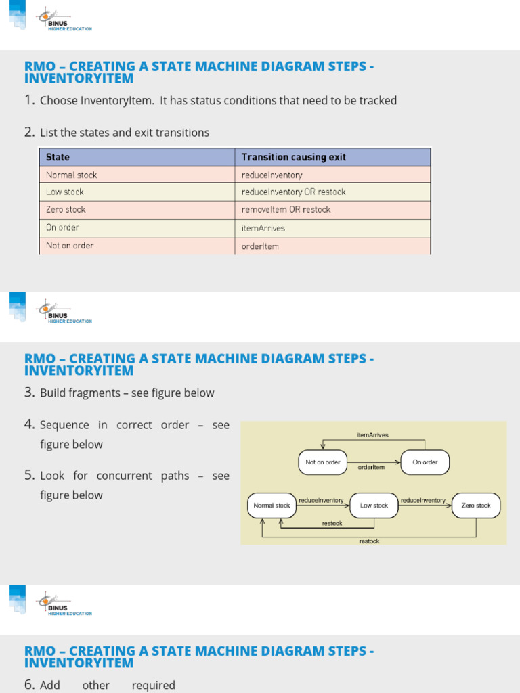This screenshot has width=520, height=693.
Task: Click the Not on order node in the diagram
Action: click(x=323, y=462)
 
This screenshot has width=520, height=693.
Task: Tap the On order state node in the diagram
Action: click(x=425, y=462)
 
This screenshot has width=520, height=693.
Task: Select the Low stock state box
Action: click(x=374, y=506)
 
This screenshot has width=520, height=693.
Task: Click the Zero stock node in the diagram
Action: click(x=475, y=506)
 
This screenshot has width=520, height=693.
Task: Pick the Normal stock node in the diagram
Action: click(x=272, y=506)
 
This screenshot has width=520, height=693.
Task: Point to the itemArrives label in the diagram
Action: click(x=372, y=435)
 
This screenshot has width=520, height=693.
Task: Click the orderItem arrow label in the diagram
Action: click(x=371, y=467)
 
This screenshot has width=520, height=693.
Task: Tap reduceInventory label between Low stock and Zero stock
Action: click(x=423, y=500)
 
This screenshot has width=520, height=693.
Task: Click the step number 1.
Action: click(x=29, y=100)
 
